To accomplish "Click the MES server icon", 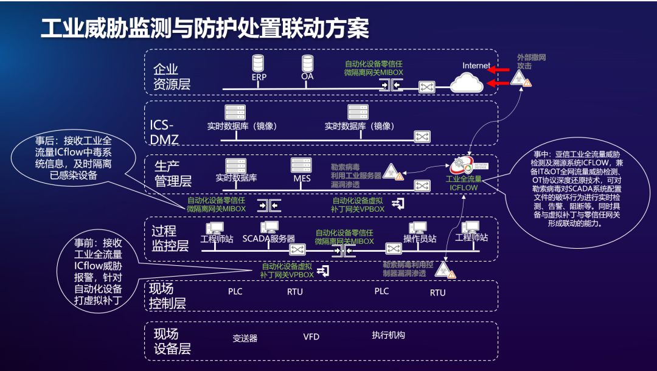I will pyautogui.click(x=301, y=165).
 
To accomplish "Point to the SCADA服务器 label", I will pyautogui.click(x=268, y=239).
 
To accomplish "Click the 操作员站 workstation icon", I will pyautogui.click(x=417, y=227).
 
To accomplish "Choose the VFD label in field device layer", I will pyautogui.click(x=311, y=336).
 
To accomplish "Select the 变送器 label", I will pyautogui.click(x=245, y=338).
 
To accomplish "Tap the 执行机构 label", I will pyautogui.click(x=388, y=335).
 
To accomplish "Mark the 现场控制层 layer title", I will pyautogui.click(x=167, y=296).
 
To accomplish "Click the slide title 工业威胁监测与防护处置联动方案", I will pyautogui.click(x=204, y=29).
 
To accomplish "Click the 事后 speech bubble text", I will pyautogui.click(x=73, y=158).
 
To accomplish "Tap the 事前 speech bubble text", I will pyautogui.click(x=99, y=271).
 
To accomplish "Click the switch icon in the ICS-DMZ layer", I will pyautogui.click(x=422, y=136).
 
